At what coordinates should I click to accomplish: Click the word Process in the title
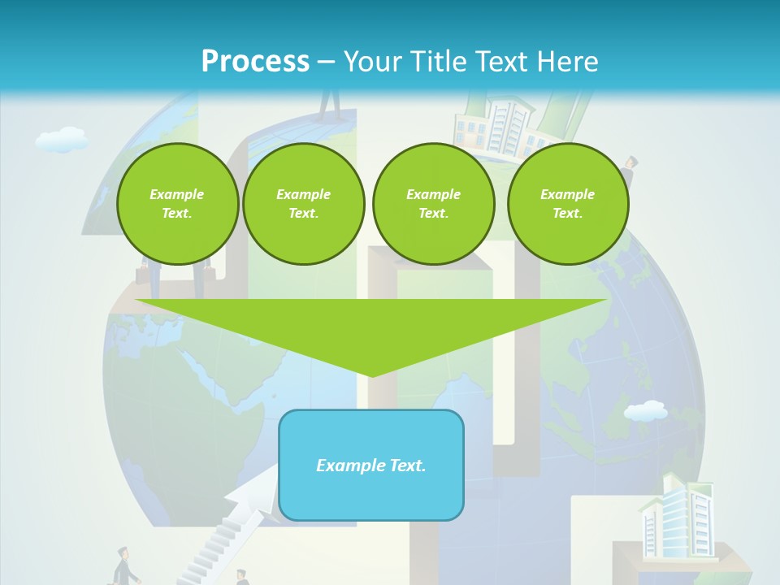(255, 61)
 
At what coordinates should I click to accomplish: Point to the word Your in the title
(373, 61)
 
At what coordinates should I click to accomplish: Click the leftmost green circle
(177, 204)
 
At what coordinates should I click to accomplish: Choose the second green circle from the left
(303, 204)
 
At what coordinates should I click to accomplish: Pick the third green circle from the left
(433, 204)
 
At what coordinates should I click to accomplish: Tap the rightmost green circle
(567, 204)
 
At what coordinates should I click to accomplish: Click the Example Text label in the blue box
(371, 466)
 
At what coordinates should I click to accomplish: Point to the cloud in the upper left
(63, 140)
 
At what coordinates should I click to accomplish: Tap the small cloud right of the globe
(646, 411)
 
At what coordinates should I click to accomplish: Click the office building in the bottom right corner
(676, 520)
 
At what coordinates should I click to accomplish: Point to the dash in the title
(326, 62)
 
